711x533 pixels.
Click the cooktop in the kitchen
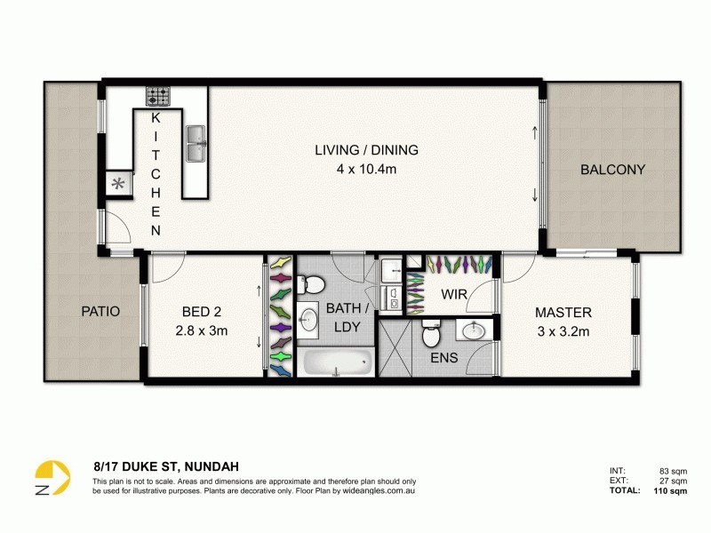[158, 95]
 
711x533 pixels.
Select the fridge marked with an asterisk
[116, 185]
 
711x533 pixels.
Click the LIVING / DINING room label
[366, 150]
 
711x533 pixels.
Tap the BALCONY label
[612, 170]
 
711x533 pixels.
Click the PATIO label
[100, 312]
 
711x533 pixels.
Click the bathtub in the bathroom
[336, 362]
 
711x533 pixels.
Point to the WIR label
[454, 294]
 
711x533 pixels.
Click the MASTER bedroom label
[563, 313]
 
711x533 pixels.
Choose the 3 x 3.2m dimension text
[563, 330]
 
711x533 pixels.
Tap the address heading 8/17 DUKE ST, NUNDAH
[166, 465]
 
